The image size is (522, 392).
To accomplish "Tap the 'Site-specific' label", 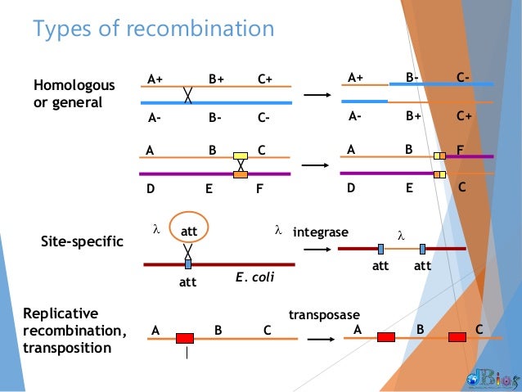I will click(x=82, y=242).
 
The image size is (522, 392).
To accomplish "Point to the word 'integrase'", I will click(x=320, y=232).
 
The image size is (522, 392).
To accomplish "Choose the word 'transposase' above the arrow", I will click(x=323, y=315).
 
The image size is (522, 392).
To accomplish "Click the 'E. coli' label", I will click(x=254, y=277).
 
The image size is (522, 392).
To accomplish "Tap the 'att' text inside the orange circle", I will click(x=189, y=233).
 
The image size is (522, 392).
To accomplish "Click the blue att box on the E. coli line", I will click(x=188, y=264).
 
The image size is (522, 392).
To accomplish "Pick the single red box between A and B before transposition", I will click(x=185, y=338).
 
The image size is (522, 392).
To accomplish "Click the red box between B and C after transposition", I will click(x=457, y=336).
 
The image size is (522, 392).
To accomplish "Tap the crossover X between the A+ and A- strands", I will click(x=188, y=95).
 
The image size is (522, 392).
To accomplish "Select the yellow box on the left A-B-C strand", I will click(x=241, y=156).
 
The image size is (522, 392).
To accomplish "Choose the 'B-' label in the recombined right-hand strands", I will click(x=413, y=79).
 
